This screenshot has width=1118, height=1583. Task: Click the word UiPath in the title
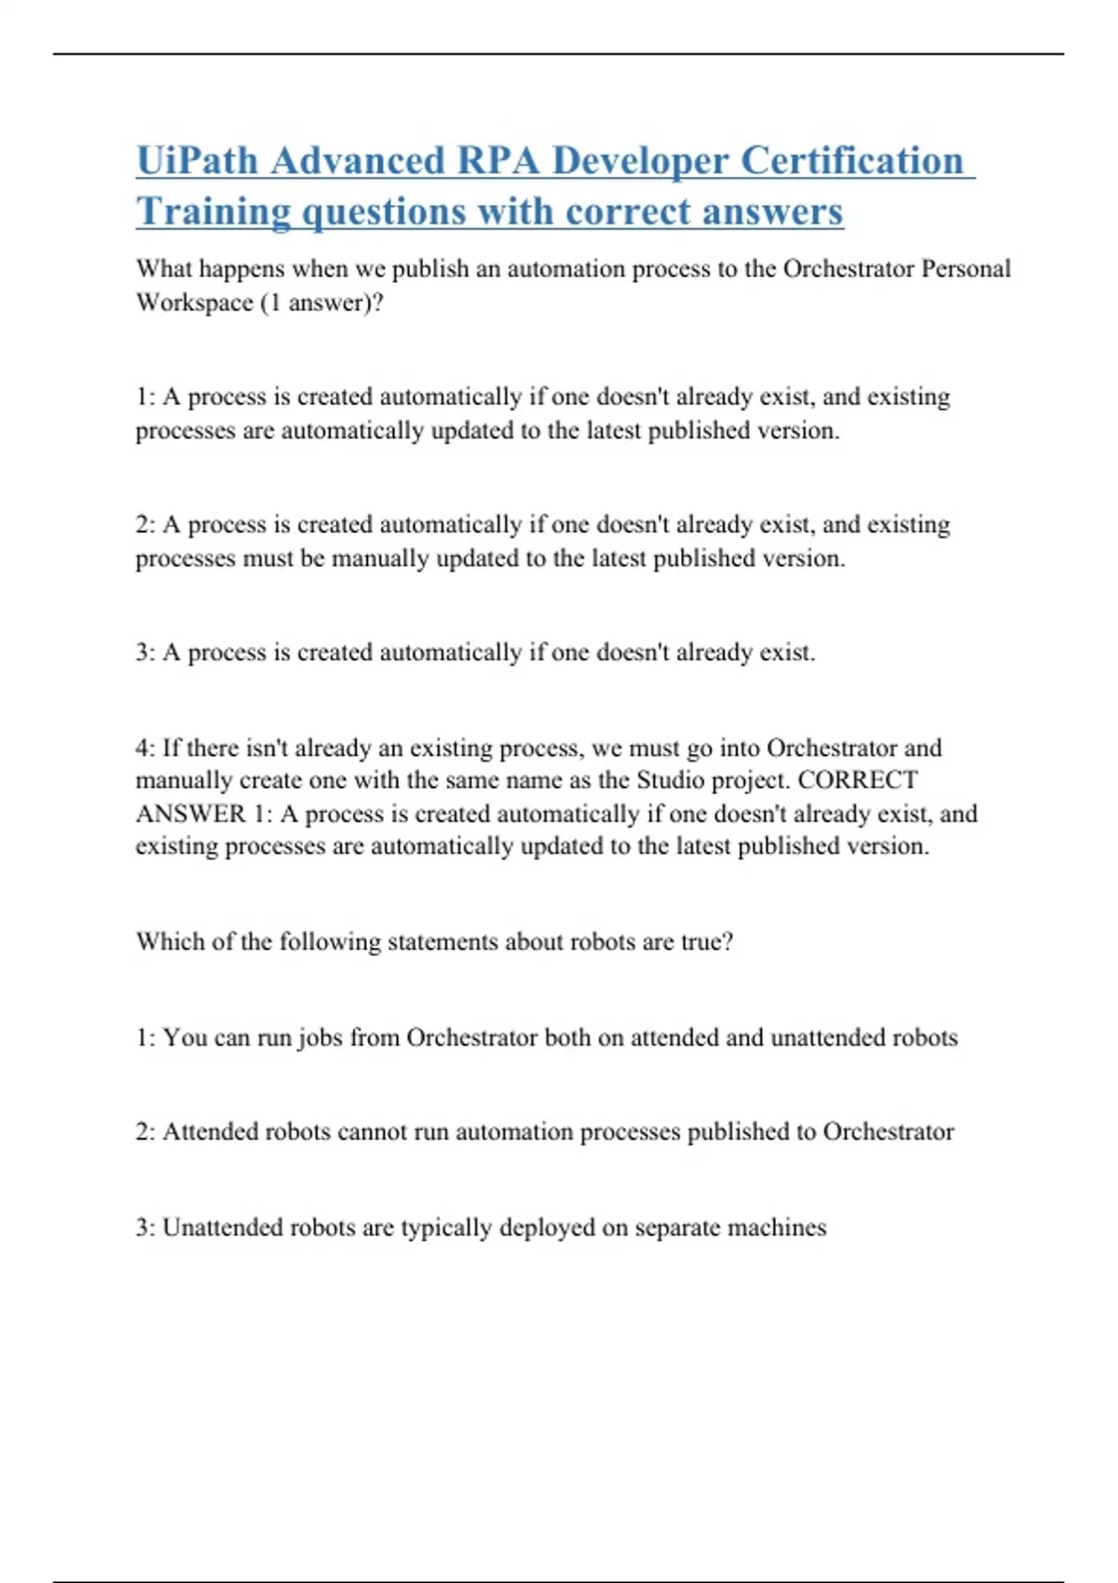pyautogui.click(x=197, y=160)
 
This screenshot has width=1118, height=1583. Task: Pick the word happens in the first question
pyautogui.click(x=241, y=269)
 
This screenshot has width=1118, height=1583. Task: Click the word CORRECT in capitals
pyautogui.click(x=857, y=780)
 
